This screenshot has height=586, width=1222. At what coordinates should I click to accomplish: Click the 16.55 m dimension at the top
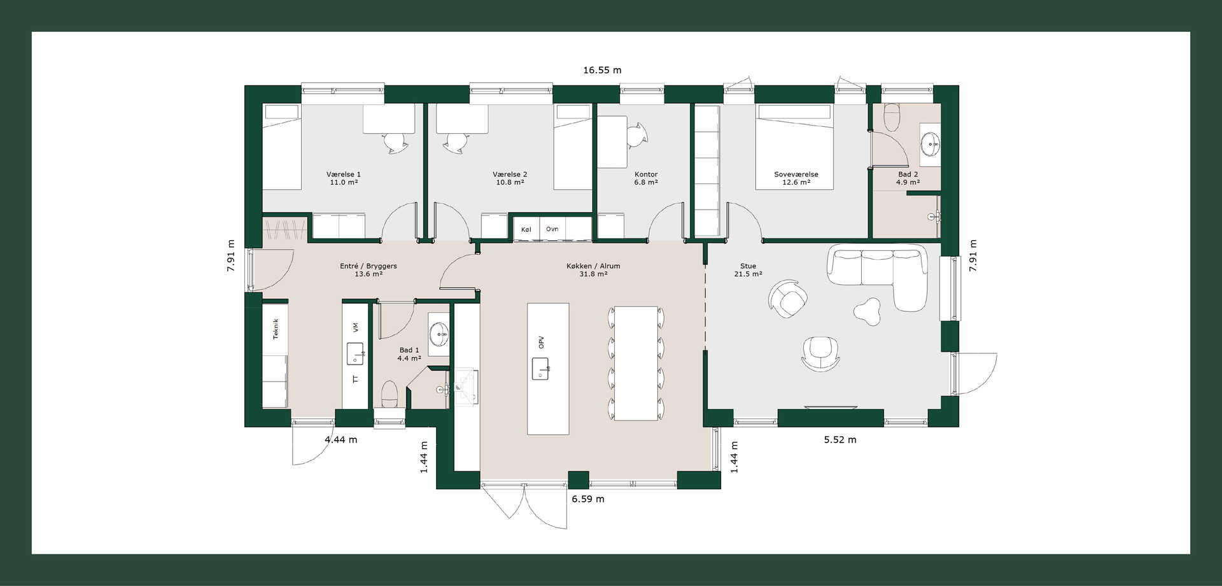[x=602, y=70]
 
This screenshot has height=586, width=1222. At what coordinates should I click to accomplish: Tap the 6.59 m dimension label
[x=587, y=499]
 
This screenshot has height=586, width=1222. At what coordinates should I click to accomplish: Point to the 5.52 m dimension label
[x=840, y=439]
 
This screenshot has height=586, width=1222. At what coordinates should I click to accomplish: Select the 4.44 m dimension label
[x=341, y=439]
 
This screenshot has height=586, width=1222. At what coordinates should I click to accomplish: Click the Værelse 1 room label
[x=344, y=175]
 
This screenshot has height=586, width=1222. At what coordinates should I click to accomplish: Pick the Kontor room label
[x=646, y=175]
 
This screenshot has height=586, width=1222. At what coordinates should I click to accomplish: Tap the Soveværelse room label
[x=796, y=175]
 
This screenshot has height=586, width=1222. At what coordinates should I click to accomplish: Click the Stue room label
[x=748, y=266]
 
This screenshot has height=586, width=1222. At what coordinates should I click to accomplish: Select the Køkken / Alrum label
[x=593, y=266]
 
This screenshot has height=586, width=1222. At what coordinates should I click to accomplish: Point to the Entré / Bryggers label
[x=369, y=266]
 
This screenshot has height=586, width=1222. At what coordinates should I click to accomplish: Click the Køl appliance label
[x=526, y=229]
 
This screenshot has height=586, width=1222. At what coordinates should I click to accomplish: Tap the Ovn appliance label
[x=552, y=229]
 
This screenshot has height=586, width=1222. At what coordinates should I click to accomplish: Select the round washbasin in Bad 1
[x=439, y=333]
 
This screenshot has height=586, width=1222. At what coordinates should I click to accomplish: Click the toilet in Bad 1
[x=389, y=394]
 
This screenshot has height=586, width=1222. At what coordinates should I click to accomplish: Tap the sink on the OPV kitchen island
[x=540, y=369]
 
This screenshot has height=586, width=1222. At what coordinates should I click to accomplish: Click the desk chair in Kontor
[x=638, y=134]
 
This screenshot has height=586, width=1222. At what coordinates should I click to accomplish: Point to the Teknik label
[x=276, y=329]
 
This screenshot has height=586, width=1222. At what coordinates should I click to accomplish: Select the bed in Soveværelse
[x=794, y=147]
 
